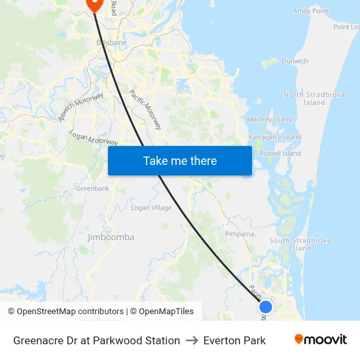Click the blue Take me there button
point(179,160)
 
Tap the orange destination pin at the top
point(93,4)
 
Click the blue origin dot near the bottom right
point(265,306)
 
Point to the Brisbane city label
point(111,43)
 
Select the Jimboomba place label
point(111,237)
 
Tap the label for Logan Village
point(151,208)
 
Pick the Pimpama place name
point(240,234)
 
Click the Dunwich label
point(295,61)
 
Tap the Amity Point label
point(310,11)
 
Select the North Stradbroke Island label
point(314,99)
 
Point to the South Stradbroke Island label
point(300,244)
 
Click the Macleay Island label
point(270,119)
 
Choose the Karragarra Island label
point(275,137)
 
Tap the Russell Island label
point(280,153)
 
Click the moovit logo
point(320,340)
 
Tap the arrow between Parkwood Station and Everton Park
point(192,340)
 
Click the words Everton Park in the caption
point(234,340)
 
